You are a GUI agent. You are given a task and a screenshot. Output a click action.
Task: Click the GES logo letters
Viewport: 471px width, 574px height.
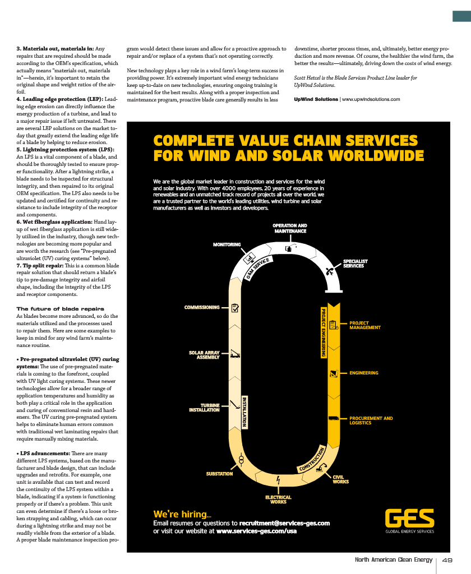[x=409, y=518]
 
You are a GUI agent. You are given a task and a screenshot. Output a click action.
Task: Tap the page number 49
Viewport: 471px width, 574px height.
[x=447, y=560]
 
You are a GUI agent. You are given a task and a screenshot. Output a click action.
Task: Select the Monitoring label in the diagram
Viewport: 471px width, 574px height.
[x=227, y=244]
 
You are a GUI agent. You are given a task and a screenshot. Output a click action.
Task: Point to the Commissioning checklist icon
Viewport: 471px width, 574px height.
[x=235, y=308]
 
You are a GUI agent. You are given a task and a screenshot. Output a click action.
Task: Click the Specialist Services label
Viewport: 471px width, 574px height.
[x=355, y=263]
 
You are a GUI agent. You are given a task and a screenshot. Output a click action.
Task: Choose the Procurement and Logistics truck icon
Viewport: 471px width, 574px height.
[x=334, y=418]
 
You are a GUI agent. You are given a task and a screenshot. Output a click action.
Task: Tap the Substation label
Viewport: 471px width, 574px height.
[x=219, y=474]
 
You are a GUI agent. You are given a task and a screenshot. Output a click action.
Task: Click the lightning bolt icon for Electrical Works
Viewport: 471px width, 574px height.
[x=278, y=480]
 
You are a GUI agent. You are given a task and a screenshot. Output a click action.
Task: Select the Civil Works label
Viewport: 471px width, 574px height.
[x=340, y=480]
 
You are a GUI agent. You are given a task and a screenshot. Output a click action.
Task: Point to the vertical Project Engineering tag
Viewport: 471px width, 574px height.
[x=324, y=333]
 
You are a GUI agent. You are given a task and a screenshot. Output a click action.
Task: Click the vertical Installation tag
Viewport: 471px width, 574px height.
[x=244, y=412]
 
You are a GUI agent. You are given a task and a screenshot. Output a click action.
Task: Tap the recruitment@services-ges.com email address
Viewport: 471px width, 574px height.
[x=284, y=523]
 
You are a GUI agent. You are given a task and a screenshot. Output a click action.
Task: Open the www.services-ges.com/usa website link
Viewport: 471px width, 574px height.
[x=256, y=531]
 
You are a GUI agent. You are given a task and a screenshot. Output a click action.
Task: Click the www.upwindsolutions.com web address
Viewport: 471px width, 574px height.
[x=371, y=99]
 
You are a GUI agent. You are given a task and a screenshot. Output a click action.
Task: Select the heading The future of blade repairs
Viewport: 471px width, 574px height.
[x=60, y=309]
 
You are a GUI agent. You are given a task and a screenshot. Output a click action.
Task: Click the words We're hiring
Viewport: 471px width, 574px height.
[x=182, y=514]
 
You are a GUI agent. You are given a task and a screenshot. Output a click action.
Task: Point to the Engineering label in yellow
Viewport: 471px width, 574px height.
[x=364, y=373]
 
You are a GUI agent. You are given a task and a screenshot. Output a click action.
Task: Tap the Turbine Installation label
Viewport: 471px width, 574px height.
[x=204, y=408]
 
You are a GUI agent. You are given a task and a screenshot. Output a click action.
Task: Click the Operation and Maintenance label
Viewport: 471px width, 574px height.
[x=290, y=229]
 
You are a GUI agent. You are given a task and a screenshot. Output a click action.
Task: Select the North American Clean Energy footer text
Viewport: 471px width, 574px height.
[x=394, y=560]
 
